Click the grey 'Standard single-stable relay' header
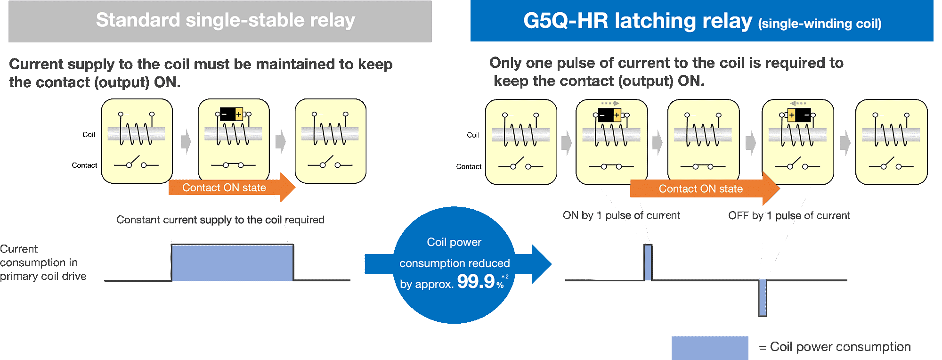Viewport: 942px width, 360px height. coord(220,21)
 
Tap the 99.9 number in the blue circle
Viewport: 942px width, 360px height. coord(476,282)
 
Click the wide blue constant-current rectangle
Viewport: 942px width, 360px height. coord(232,262)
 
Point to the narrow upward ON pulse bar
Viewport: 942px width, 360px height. coord(648,262)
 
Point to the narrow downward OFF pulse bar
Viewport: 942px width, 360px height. coord(763,297)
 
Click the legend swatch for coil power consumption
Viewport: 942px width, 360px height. coord(709,348)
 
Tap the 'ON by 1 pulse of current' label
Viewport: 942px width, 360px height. coord(621,216)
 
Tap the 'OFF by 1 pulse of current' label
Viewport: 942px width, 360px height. coord(789,216)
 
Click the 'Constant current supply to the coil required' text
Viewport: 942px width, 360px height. coord(220,220)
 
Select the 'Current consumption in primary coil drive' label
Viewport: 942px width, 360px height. coord(43,262)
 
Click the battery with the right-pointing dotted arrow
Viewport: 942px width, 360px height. coord(609,115)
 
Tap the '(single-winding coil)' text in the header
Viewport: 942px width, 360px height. coord(820,24)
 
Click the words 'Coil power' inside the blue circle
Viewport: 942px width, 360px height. coord(454,242)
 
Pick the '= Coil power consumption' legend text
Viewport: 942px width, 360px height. coord(835,347)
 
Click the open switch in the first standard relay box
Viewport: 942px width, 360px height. coord(137,163)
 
